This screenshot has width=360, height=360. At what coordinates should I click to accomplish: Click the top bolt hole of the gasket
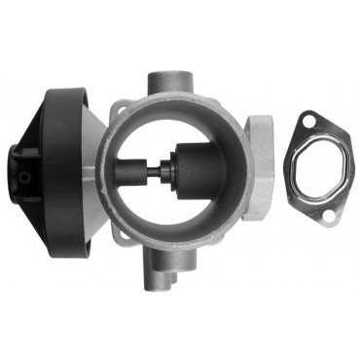click(309, 122)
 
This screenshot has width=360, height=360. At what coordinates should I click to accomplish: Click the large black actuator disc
click(60, 165)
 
